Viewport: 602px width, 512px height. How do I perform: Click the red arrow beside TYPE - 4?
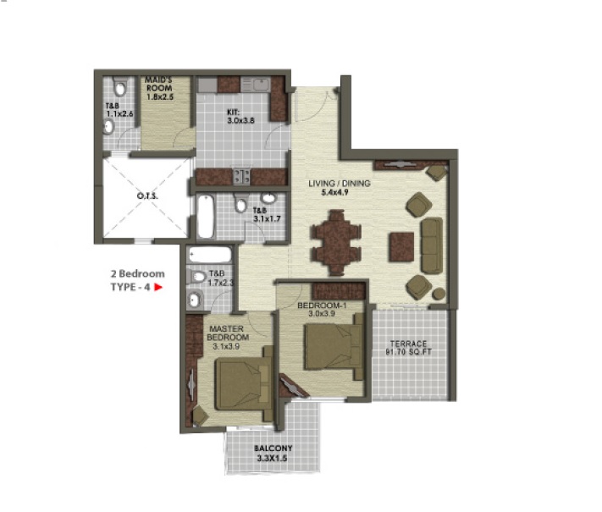click(157, 288)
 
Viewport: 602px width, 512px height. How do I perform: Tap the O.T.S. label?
click(147, 199)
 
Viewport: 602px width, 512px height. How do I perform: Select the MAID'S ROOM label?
click(158, 87)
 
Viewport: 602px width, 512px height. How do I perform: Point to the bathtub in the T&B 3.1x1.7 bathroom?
click(207, 216)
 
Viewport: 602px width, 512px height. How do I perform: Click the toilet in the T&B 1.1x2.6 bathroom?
click(119, 87)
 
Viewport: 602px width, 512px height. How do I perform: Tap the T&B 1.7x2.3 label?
click(218, 278)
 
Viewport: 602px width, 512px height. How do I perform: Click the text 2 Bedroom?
click(137, 274)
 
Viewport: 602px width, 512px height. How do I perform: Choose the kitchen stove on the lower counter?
click(240, 177)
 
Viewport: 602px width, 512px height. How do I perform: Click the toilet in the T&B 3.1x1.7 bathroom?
click(241, 205)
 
